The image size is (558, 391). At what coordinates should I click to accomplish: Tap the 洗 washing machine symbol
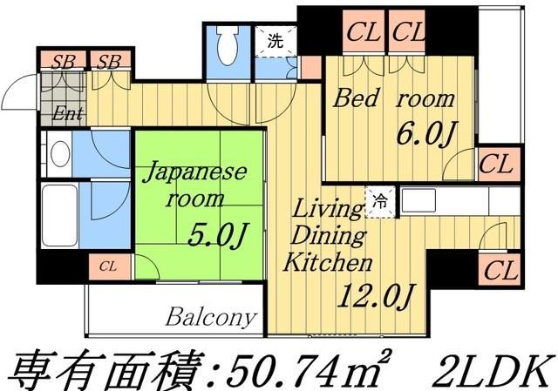pyautogui.click(x=276, y=40)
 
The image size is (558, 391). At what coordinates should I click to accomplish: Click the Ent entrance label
pyautogui.click(x=63, y=112)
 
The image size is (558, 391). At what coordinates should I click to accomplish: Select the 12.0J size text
pyautogui.click(x=373, y=296)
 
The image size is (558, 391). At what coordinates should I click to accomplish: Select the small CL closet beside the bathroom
pyautogui.click(x=109, y=266)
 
